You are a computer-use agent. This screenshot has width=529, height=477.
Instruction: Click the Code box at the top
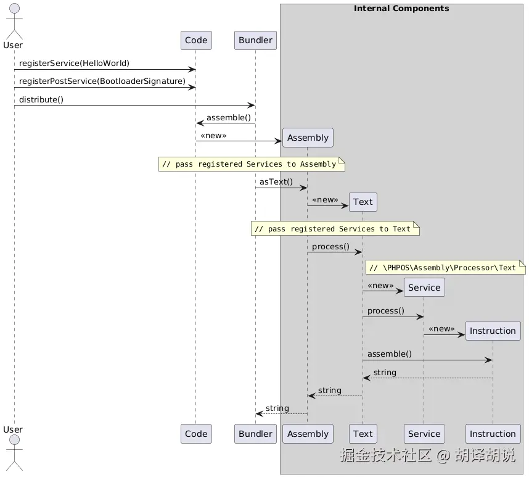[196, 40]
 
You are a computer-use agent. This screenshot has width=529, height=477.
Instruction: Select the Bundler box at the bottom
[255, 434]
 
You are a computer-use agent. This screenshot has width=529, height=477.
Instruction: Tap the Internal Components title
[401, 9]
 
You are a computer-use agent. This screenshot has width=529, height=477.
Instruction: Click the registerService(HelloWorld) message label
[74, 64]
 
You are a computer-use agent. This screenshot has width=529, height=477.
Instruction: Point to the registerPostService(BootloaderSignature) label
[102, 81]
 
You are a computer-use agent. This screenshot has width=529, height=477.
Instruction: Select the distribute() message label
[41, 99]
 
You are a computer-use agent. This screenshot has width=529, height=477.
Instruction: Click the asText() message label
[276, 181]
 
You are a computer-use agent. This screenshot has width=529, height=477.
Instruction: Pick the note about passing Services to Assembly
[252, 164]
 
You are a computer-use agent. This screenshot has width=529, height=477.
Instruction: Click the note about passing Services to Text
[335, 229]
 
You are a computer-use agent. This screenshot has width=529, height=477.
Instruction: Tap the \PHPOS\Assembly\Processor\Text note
[445, 267]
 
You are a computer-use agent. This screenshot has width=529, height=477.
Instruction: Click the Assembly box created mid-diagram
[308, 138]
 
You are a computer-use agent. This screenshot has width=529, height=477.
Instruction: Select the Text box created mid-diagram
[363, 202]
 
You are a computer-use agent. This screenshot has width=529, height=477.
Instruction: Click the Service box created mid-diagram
[424, 288]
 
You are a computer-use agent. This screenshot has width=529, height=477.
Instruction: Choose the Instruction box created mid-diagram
[493, 331]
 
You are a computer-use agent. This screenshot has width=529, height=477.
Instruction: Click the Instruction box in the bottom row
[493, 434]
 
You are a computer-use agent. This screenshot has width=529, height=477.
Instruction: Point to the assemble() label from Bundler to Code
[229, 117]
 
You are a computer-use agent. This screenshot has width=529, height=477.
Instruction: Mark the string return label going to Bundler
[277, 408]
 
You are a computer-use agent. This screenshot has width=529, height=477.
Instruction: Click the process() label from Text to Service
[386, 310]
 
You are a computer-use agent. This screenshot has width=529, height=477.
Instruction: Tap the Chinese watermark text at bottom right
[427, 455]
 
